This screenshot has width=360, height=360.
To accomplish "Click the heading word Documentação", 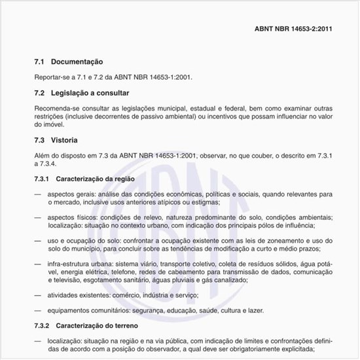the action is [77, 61].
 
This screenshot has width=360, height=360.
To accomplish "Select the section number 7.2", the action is [39, 94].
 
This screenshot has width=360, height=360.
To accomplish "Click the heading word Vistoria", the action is [64, 140].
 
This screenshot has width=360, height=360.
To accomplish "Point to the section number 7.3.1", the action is [41, 178].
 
